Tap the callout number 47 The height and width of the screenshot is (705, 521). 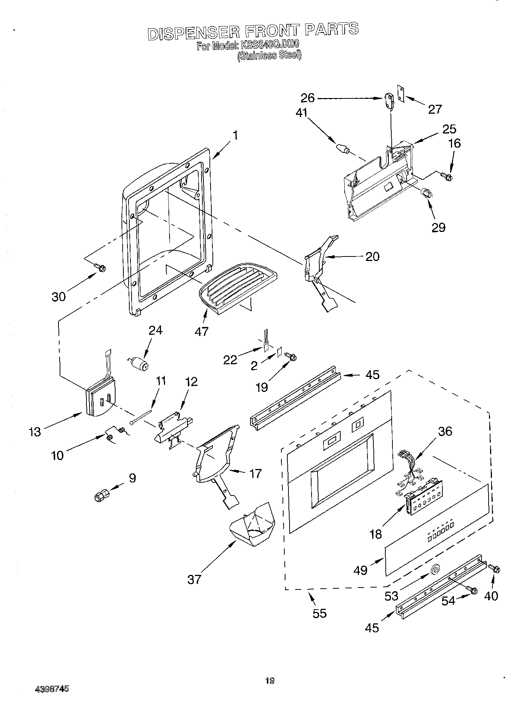coord(201,331)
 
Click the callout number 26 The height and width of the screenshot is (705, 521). coord(308,98)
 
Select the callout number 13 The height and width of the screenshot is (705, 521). coord(35,431)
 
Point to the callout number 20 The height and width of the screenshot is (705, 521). coord(372,256)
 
